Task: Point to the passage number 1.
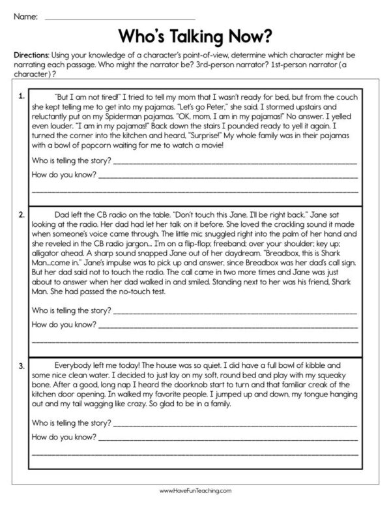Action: point(22,97)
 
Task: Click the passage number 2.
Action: point(22,213)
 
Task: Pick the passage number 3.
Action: point(22,365)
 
